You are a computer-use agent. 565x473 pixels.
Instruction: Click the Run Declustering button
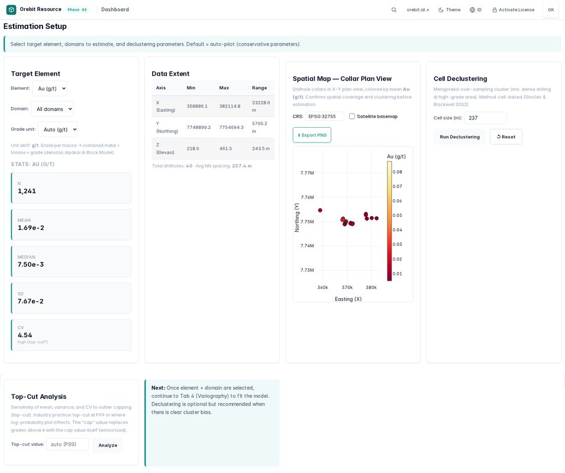point(460,137)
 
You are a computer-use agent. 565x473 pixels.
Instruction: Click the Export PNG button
point(312,135)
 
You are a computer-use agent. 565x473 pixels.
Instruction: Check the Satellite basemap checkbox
point(352,116)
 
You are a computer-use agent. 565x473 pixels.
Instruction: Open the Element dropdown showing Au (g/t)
point(50,89)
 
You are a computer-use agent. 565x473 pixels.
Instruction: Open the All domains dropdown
point(52,109)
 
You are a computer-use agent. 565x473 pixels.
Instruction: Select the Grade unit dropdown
point(58,129)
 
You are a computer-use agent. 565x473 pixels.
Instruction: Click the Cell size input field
point(485,118)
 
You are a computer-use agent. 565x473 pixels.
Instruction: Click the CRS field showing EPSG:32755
point(325,116)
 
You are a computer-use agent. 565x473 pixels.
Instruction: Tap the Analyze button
point(108,445)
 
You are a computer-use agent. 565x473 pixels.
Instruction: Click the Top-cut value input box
point(67,444)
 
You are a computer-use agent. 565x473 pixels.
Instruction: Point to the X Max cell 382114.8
point(230,106)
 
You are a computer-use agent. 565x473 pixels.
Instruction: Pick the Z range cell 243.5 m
point(261,148)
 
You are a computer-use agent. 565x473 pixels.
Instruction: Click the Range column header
point(260,88)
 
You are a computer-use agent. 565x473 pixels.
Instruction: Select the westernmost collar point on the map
point(320,210)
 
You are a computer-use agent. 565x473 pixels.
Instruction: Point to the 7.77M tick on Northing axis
point(308,173)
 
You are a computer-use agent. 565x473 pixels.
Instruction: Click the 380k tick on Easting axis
point(371,287)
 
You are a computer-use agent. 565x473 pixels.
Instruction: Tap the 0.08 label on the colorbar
point(398,171)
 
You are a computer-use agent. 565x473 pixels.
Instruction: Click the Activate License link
point(514,9)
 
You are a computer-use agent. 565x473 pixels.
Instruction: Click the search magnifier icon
point(394,9)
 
